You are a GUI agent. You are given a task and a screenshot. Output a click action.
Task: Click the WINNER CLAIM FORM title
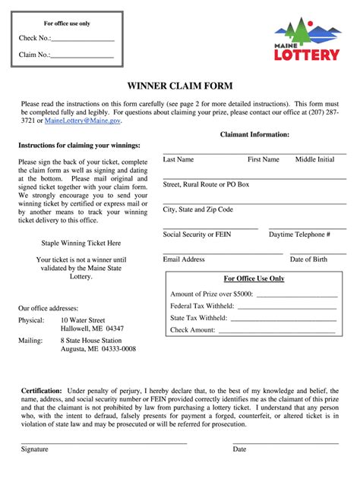tap(179, 86)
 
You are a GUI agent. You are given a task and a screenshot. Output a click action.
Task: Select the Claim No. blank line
tap(82, 56)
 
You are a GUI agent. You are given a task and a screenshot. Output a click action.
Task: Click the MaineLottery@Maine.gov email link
tap(82, 121)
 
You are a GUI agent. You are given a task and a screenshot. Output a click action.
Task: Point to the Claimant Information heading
tap(254, 134)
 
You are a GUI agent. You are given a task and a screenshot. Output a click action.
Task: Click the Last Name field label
tap(178, 159)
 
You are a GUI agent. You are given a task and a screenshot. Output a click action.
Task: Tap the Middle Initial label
tap(314, 159)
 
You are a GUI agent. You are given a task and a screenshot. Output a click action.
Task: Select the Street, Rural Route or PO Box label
tap(206, 184)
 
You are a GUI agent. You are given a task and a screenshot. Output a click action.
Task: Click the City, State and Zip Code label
tap(197, 209)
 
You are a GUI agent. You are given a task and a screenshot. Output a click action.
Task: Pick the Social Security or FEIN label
tap(197, 234)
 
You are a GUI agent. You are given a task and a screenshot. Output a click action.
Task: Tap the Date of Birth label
tap(308, 259)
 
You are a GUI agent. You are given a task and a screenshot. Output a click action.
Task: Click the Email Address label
tap(184, 259)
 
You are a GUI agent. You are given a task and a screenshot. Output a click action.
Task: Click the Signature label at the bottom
tap(34, 449)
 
